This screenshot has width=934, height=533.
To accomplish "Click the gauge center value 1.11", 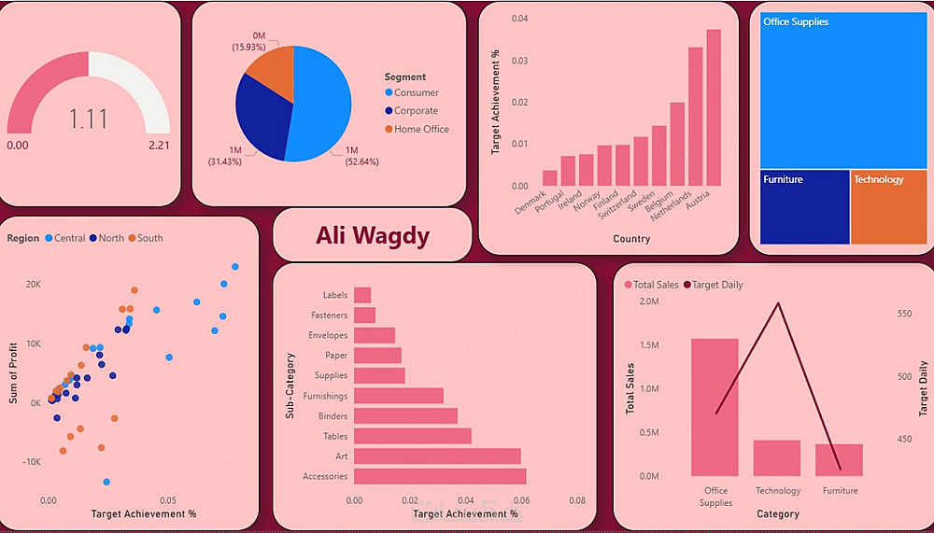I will [88, 119].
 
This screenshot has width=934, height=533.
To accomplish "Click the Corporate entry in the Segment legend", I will [416, 111].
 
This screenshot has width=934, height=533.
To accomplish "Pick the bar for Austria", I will [714, 107].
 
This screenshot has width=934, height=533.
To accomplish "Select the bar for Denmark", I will [549, 178].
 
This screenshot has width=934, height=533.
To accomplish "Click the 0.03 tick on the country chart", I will [519, 61].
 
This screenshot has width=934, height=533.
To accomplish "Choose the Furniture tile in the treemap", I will [803, 207].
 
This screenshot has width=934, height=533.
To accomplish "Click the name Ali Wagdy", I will [373, 235].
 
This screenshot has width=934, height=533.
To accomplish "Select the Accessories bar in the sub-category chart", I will [440, 476].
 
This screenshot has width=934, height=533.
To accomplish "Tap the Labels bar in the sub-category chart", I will [362, 295].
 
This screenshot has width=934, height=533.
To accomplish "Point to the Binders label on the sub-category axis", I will [333, 416].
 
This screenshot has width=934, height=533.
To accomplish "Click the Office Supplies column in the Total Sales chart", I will [715, 407].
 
